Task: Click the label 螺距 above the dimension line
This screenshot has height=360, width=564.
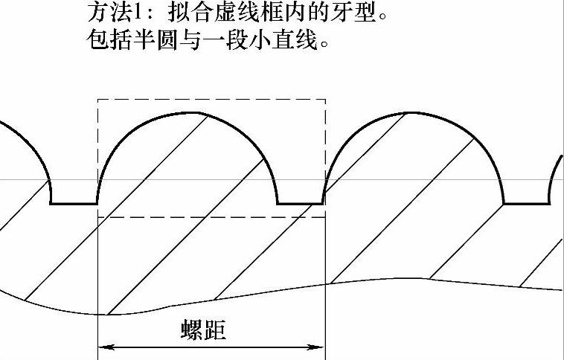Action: point(203,330)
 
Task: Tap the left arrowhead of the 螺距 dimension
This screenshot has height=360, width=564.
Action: point(103,347)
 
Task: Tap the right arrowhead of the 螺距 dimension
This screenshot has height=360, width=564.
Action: point(319,347)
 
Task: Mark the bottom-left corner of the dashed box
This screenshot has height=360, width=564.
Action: point(98,217)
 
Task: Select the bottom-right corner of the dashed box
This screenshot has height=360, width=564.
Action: point(325,217)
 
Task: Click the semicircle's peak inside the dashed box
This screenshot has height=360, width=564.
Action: point(188,114)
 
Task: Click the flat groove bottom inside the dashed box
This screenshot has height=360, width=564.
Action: point(301,203)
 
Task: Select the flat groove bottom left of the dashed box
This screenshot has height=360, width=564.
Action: point(74,203)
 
